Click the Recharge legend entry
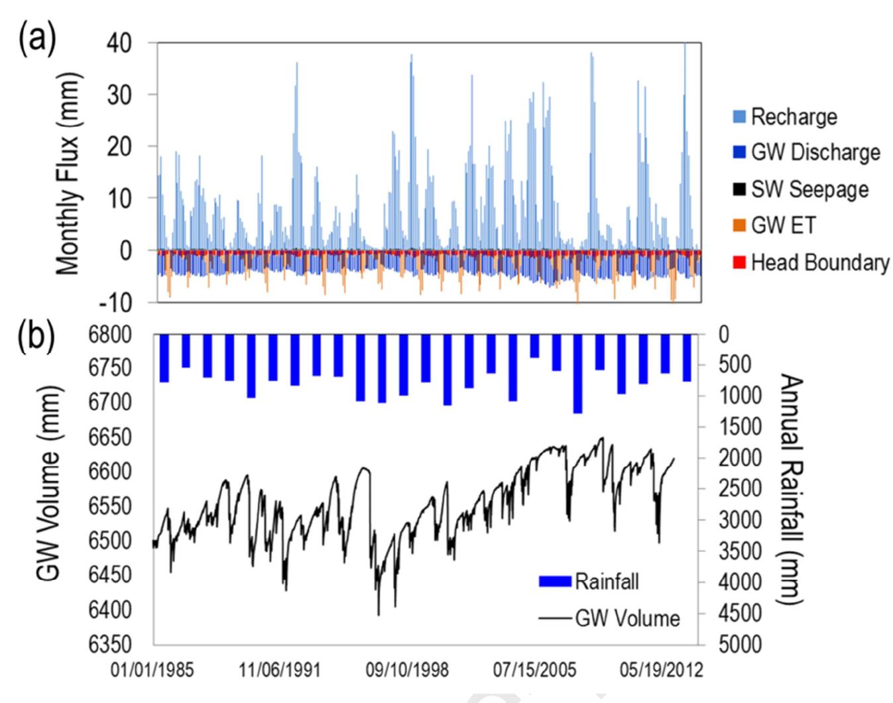pos(793,117)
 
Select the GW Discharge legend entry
pos(815,153)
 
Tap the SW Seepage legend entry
pos(809,189)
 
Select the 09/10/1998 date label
pos(407,670)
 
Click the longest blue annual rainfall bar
pos(577,374)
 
